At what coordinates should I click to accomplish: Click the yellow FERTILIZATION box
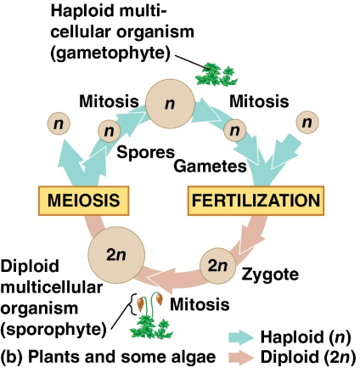(255, 201)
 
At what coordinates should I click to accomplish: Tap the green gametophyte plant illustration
(211, 75)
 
